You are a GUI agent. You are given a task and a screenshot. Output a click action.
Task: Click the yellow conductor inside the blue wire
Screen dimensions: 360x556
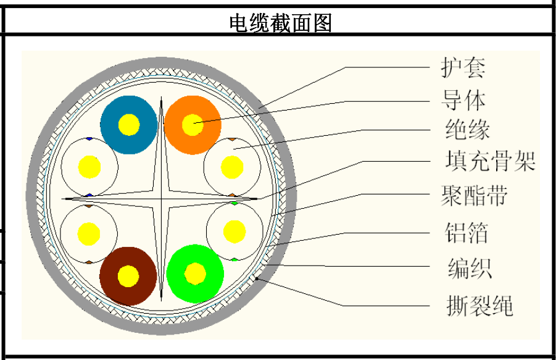tap(130, 125)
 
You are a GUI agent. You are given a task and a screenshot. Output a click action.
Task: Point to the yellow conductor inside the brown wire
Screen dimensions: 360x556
tap(128, 275)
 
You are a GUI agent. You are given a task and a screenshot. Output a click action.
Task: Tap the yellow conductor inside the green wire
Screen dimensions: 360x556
tap(195, 272)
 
